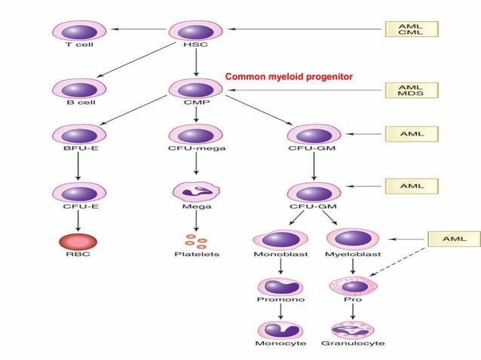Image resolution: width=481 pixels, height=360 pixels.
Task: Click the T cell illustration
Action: click(74, 32)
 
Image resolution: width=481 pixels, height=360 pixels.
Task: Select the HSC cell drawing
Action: click(195, 32)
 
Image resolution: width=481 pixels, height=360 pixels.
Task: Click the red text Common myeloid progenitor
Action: click(289, 77)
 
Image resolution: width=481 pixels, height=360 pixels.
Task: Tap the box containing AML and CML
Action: click(410, 30)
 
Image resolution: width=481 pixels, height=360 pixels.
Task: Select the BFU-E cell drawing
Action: click(74, 135)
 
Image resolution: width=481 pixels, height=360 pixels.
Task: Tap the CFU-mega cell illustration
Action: click(195, 135)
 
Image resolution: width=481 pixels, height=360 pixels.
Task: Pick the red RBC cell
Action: click(74, 243)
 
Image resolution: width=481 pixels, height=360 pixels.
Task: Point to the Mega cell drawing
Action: click(195, 191)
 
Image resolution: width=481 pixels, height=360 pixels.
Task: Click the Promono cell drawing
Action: click(280, 287)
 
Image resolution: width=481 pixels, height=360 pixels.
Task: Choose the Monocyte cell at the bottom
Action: click(280, 331)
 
